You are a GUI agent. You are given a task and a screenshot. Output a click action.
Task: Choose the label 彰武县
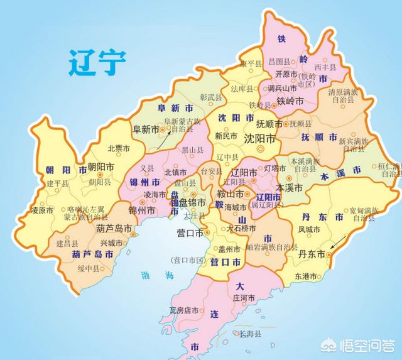[211, 98]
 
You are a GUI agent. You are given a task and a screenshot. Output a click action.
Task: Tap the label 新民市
[226, 135]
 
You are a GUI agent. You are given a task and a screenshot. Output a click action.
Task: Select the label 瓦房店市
[184, 310]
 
